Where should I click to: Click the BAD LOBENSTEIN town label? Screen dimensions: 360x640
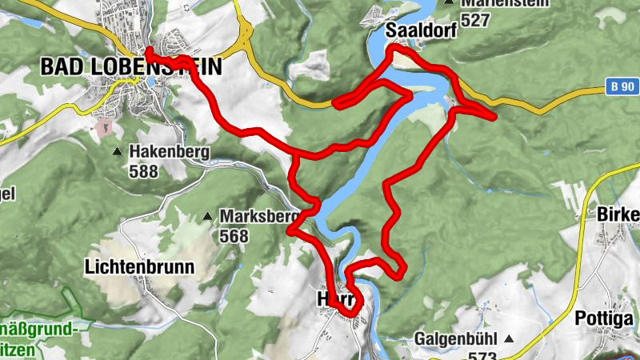coord(130,66)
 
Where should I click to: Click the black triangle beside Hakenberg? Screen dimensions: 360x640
coord(118,151)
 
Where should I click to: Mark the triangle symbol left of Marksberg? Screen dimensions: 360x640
coord(208,217)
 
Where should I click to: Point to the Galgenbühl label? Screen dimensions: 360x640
coord(456,338)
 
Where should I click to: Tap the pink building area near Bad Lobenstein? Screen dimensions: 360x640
coord(104,126)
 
